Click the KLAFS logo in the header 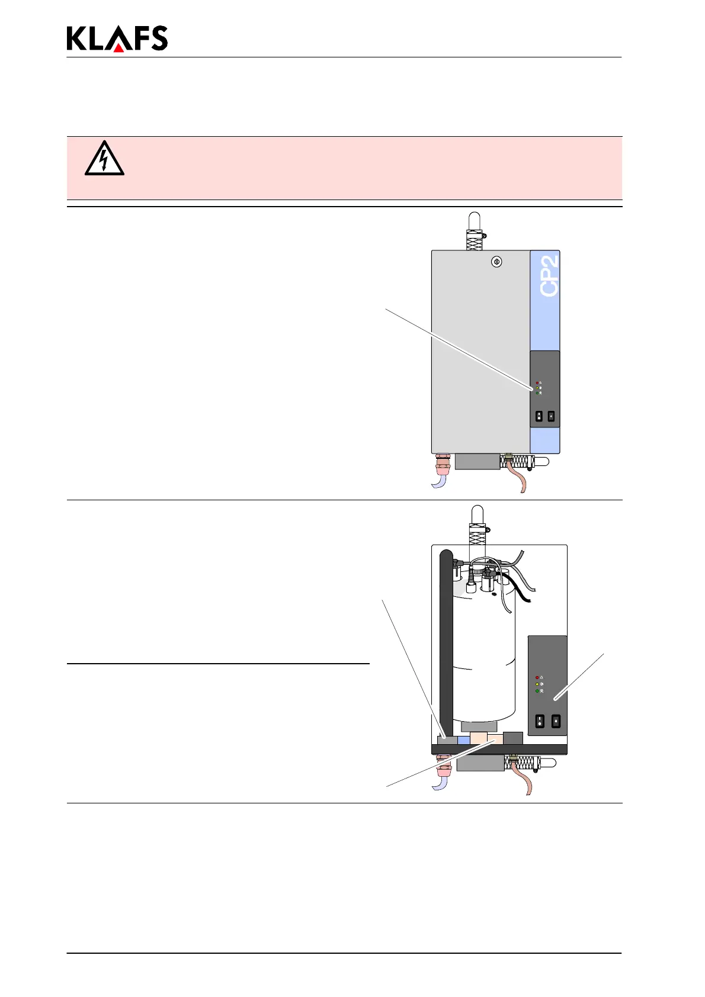tap(117, 38)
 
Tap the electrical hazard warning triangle tap(104, 159)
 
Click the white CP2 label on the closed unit tap(550, 276)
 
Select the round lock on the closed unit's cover tap(497, 262)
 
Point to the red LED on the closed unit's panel tap(537, 383)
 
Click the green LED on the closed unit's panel tap(537, 393)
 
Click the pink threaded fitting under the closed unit tap(443, 465)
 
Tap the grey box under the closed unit tap(477, 461)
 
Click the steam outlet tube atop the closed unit tap(474, 228)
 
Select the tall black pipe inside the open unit tap(446, 639)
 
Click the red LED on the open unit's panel tap(537, 677)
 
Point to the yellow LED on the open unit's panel tap(537, 684)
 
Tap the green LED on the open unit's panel tap(537, 691)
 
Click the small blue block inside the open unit tap(463, 739)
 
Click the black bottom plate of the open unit tap(499, 750)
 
